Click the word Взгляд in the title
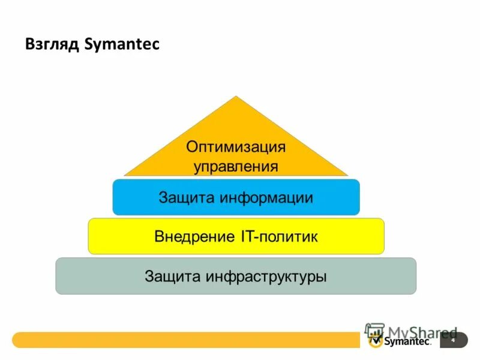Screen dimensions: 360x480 pyautogui.click(x=52, y=45)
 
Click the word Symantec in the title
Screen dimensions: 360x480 pyautogui.click(x=122, y=45)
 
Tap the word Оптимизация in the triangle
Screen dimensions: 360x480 pyautogui.click(x=236, y=147)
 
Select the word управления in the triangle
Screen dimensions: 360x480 pyautogui.click(x=236, y=166)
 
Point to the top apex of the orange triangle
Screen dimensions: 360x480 pyautogui.click(x=236, y=97)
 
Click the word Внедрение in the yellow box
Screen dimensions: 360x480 pyautogui.click(x=191, y=236)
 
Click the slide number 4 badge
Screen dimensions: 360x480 pyautogui.click(x=453, y=340)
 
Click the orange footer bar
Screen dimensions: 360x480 pyautogui.click(x=180, y=340)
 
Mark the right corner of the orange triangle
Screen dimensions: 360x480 pyautogui.click(x=347, y=175)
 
